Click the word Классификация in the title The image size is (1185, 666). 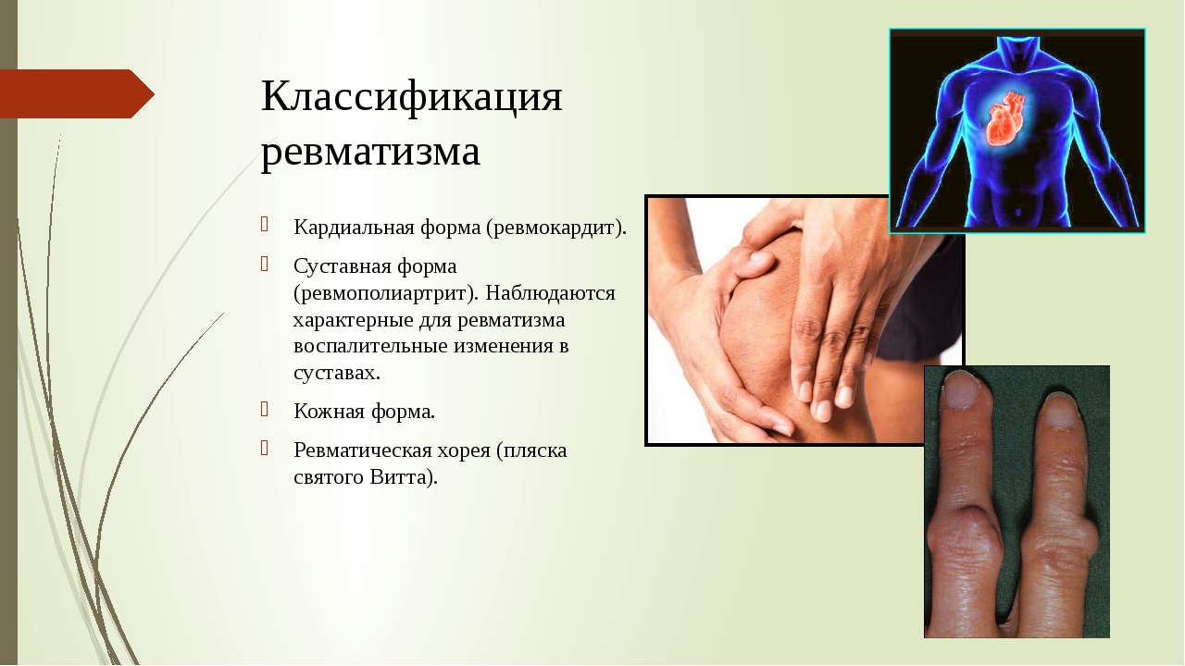[412, 96]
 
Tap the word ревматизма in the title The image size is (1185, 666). [370, 152]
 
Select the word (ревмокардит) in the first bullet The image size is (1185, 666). [556, 228]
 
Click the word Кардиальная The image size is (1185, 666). [354, 228]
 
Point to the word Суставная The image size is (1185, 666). [343, 265]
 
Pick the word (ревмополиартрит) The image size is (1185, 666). [386, 293]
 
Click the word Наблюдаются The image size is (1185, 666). [550, 293]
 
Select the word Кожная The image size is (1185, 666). [329, 412]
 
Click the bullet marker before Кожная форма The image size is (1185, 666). [265, 409]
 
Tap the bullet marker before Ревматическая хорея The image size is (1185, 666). [265, 449]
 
